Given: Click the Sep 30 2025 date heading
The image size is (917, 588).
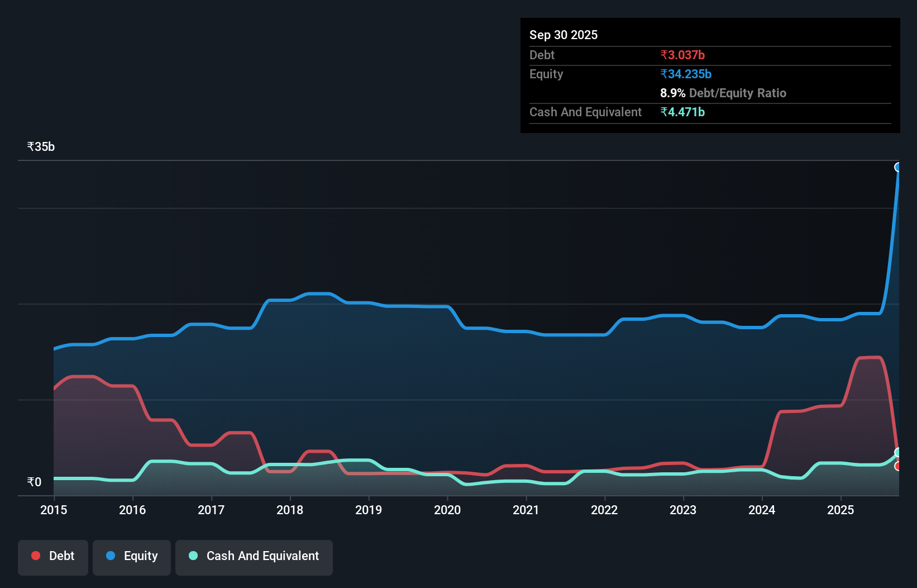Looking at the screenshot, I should (563, 35).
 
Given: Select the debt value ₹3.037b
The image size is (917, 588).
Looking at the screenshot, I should (682, 55).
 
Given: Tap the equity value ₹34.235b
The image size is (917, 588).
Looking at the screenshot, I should (685, 74).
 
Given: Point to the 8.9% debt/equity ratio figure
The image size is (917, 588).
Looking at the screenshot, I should (672, 93).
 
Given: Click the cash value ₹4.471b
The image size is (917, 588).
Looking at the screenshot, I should (682, 112).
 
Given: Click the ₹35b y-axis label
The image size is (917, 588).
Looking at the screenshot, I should (41, 146).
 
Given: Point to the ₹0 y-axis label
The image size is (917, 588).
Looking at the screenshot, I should (34, 482).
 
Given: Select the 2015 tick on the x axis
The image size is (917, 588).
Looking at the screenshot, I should (54, 510).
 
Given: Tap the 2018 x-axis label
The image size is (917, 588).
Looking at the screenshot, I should (290, 510).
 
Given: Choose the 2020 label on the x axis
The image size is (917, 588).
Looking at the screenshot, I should (447, 510).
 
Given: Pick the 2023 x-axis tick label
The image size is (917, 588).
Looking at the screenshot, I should (683, 510).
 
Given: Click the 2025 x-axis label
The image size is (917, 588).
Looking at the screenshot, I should (840, 510).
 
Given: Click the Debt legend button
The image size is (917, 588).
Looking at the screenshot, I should (53, 556).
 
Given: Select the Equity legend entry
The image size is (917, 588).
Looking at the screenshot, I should (132, 556).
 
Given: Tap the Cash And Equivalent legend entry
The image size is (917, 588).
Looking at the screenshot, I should (254, 556).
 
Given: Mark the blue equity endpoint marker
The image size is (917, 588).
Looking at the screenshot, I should (898, 167).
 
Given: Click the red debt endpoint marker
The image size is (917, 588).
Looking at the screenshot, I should (898, 466).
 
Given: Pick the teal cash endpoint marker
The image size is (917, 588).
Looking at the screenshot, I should (898, 452).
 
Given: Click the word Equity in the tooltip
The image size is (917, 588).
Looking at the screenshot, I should (546, 74).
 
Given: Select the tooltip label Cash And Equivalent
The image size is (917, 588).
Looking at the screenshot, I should (585, 112).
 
